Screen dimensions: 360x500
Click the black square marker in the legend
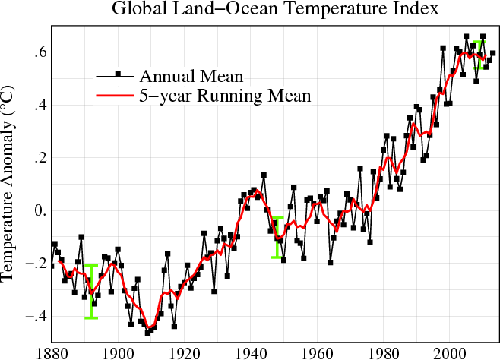point(118,74)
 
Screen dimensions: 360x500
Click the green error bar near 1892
point(91,292)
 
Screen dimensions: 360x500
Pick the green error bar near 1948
point(277,237)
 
